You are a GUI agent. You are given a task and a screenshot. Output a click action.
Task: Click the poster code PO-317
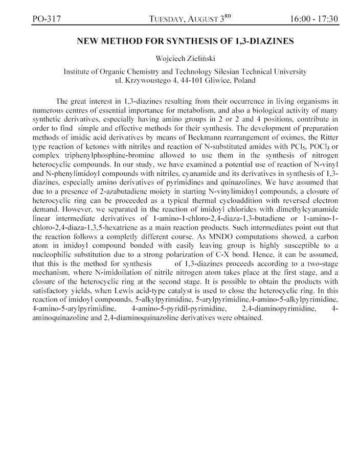[x=47, y=19]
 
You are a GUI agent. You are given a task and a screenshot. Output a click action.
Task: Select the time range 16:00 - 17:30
[x=313, y=19]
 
